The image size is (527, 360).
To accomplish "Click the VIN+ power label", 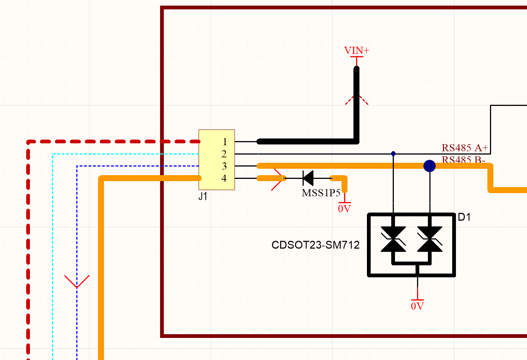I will pos(356,51).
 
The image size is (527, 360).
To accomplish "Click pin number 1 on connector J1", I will pos(224,142).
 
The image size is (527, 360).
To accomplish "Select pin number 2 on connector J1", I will pos(224,154).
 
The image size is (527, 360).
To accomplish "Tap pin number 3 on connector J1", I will pos(224,166).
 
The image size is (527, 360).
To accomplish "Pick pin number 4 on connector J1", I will pos(224,178).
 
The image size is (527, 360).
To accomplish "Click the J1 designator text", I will pos(203,196).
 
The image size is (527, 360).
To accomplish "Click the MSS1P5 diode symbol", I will pos(308,178).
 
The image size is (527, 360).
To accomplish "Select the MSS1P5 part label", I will pos(321,193).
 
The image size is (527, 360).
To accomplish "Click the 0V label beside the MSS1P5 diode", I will pos(344,208).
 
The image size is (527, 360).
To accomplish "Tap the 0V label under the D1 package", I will pos(417,306).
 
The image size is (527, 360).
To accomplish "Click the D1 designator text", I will pos(464,217).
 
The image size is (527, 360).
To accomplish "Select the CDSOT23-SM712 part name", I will pos(315,245).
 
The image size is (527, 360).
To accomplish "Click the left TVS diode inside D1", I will pos(393,239).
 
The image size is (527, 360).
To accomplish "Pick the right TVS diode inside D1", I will pos(430,239).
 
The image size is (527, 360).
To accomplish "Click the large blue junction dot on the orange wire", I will pos(429,166).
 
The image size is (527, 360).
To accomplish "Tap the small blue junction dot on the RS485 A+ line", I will pos(393,153).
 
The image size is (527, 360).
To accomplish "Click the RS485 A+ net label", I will pos(465,148).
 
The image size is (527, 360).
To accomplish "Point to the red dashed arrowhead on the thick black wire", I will pos(356,100).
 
